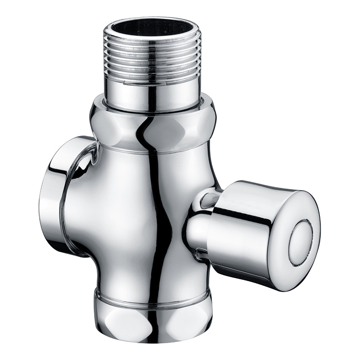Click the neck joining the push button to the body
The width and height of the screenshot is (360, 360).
[198, 229]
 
